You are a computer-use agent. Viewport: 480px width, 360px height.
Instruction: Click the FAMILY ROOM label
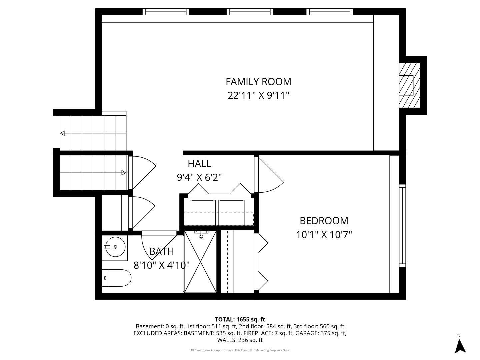(x=258, y=82)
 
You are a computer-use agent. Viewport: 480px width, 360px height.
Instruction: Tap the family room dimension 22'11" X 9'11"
(x=258, y=96)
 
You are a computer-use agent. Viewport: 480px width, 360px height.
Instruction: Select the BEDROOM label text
(x=324, y=221)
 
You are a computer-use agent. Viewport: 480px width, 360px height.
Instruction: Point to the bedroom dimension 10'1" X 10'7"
(x=324, y=235)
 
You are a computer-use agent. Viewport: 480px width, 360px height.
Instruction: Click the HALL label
(x=199, y=164)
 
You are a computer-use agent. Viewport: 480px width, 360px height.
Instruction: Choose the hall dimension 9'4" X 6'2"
(x=199, y=177)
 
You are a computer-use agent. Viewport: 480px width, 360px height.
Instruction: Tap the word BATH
(x=161, y=251)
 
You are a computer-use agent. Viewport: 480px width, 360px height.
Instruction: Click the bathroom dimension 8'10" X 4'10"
(x=161, y=265)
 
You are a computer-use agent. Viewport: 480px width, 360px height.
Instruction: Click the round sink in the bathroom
(x=115, y=247)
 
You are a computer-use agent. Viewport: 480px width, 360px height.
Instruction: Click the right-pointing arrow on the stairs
(x=123, y=173)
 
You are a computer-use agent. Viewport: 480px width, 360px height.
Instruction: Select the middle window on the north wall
(x=250, y=12)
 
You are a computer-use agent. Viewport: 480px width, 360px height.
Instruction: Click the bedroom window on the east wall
(x=403, y=225)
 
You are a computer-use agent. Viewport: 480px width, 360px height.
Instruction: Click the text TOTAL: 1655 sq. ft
(x=240, y=319)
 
